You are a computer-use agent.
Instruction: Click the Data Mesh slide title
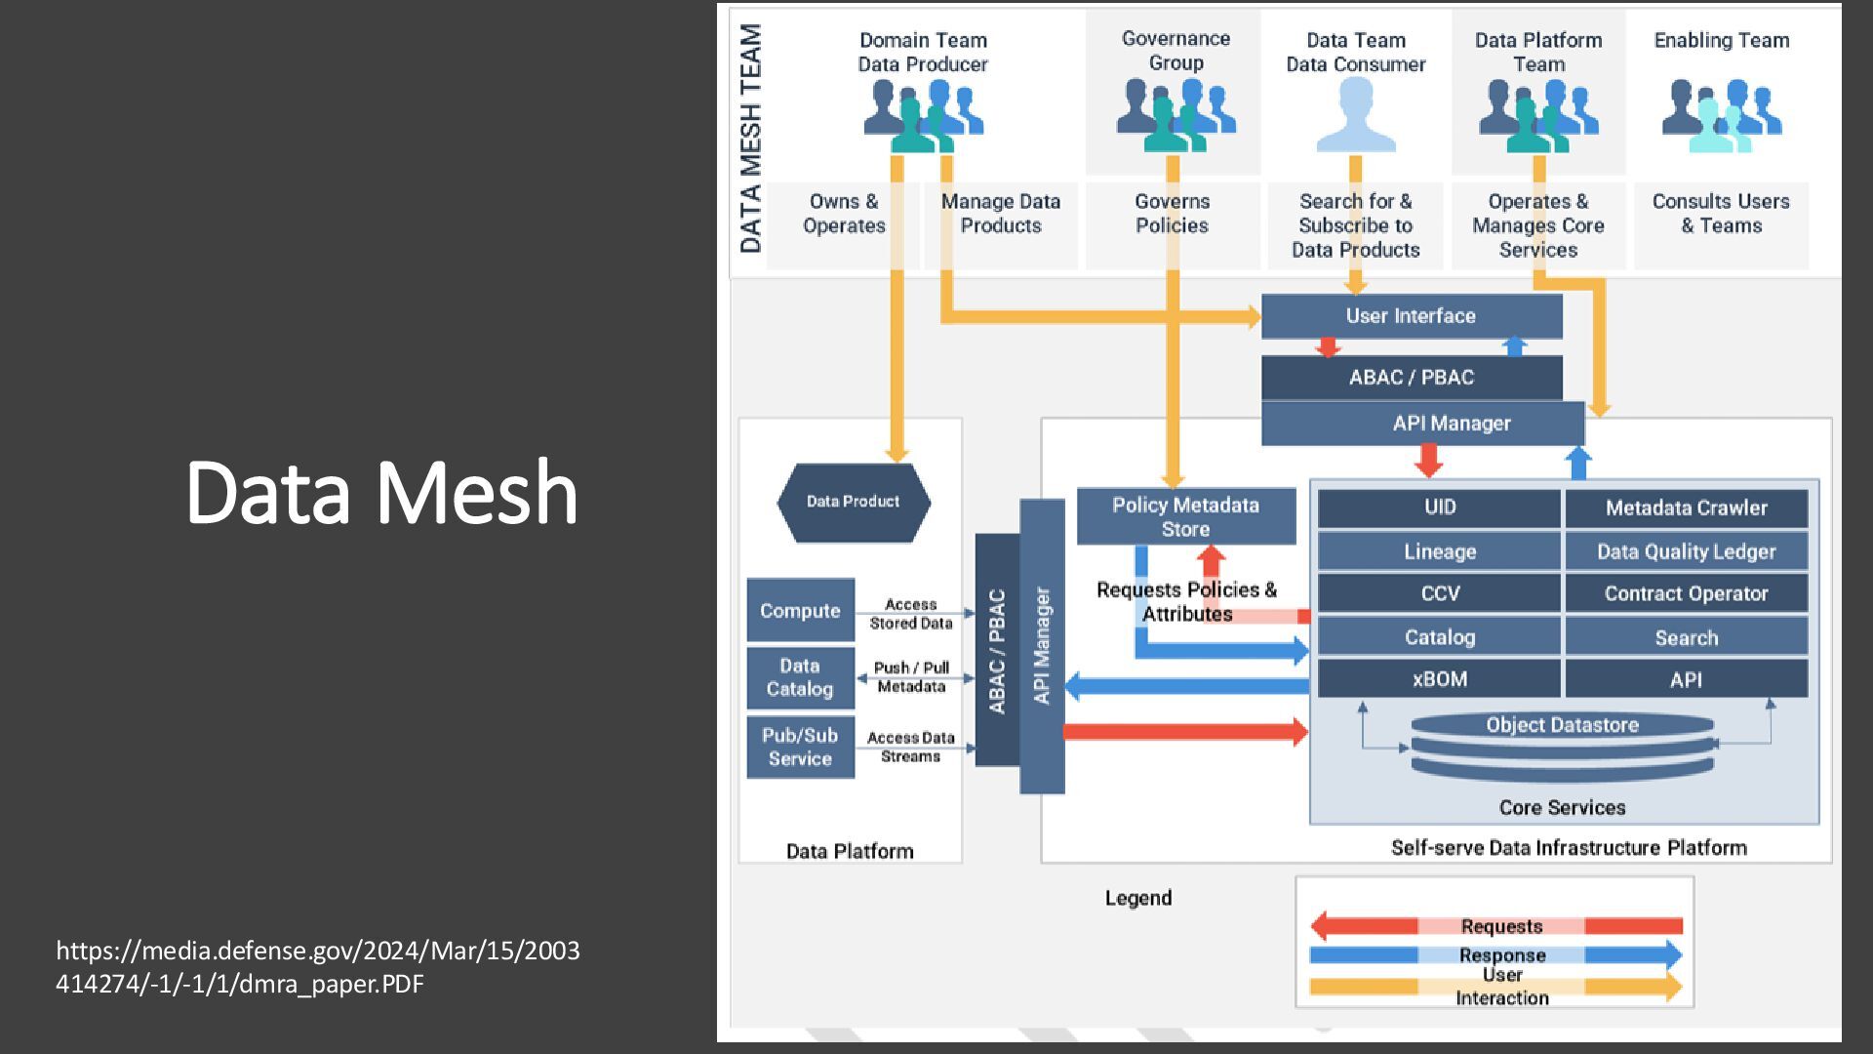tap(381, 492)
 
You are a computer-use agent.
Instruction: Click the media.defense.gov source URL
tap(317, 966)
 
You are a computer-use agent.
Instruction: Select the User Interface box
tap(1411, 316)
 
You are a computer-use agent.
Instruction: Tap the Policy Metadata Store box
tap(1185, 517)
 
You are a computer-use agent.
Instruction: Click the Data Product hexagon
tap(853, 502)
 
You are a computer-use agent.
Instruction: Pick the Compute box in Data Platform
tap(800, 611)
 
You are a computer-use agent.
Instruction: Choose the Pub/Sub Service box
tap(800, 748)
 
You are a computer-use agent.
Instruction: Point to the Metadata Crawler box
tap(1686, 508)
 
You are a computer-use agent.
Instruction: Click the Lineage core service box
tap(1439, 551)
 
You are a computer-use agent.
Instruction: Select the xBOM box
tap(1439, 679)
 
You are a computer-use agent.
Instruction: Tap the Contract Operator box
tap(1686, 593)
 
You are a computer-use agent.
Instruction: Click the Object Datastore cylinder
tap(1562, 748)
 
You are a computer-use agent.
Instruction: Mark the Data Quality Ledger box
tap(1686, 551)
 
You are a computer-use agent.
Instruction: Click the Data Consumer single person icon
tap(1355, 115)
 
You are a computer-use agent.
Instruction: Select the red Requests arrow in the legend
tap(1366, 925)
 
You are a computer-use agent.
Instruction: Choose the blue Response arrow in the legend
tap(1639, 954)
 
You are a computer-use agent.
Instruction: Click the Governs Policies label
tap(1172, 214)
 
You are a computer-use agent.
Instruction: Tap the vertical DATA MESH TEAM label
tap(750, 139)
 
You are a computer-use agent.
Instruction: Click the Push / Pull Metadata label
tap(910, 677)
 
